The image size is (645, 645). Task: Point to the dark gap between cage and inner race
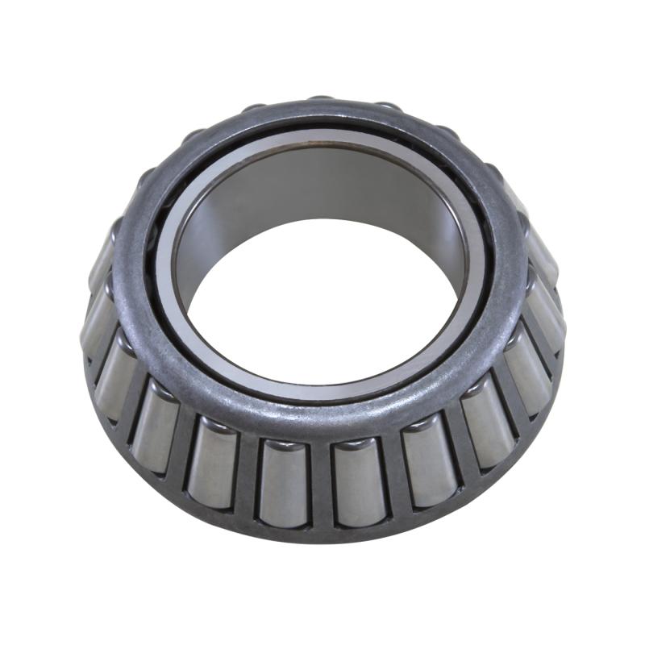point(157,266)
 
